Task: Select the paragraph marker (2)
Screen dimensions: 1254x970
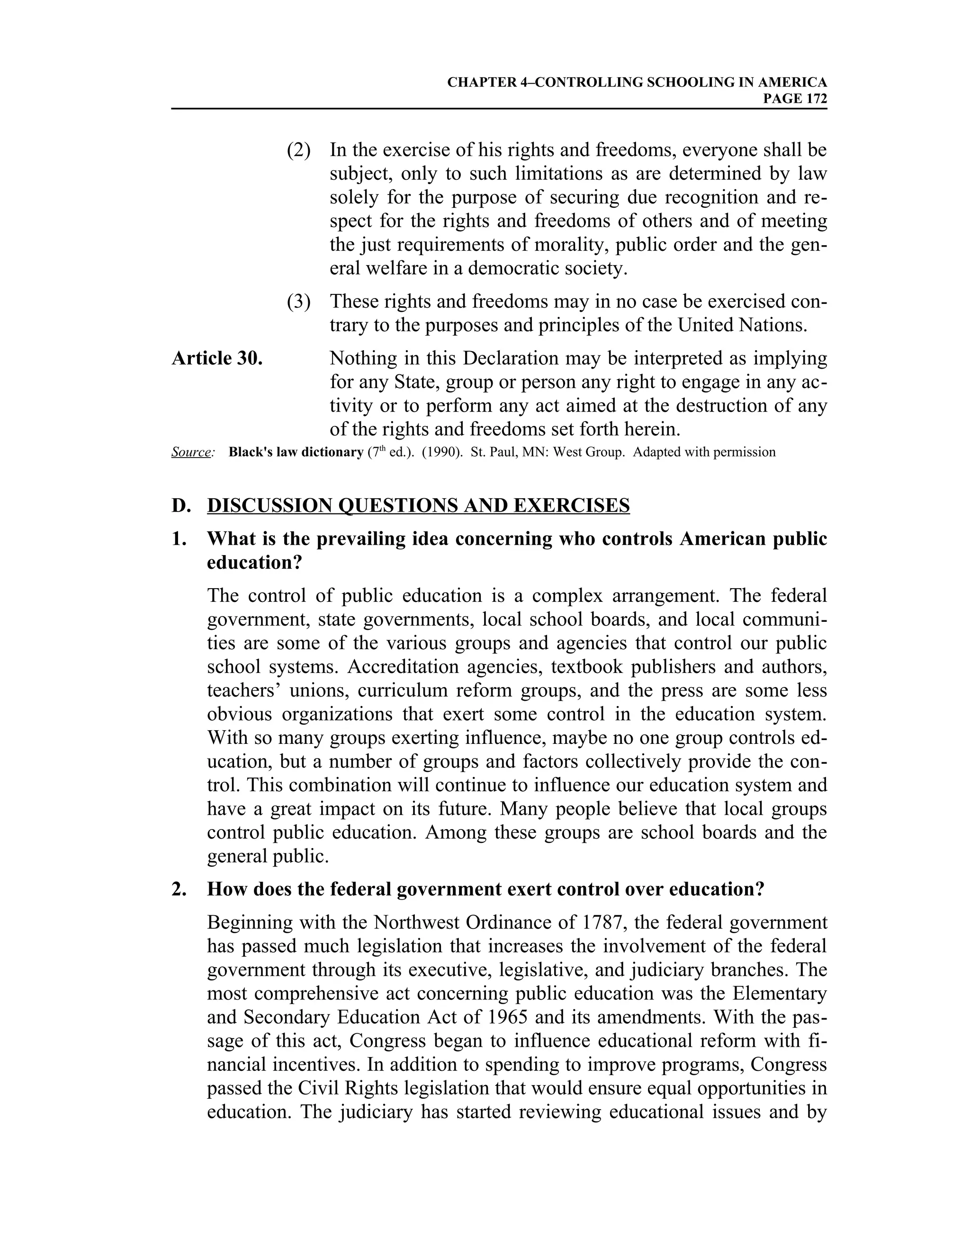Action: (298, 150)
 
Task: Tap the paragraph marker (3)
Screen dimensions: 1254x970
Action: (298, 301)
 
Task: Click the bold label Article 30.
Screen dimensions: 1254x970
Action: (217, 358)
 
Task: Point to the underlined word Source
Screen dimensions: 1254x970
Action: (191, 452)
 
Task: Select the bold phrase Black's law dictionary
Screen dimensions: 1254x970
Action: (296, 452)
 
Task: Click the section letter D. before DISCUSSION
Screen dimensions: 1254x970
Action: (180, 506)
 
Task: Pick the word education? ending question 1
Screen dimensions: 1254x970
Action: (254, 563)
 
